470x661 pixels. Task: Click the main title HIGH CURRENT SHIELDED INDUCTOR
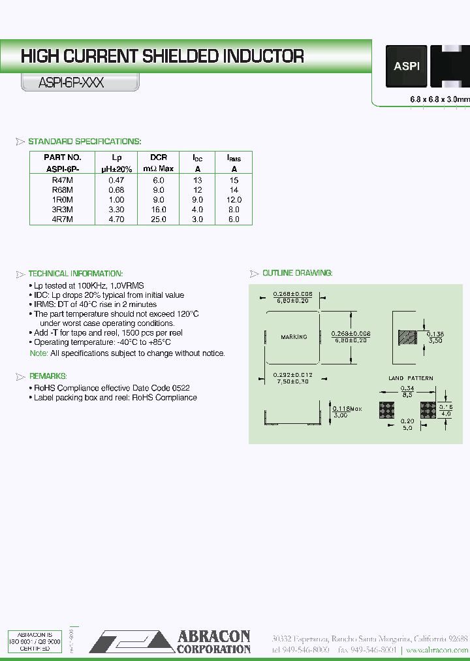[162, 56]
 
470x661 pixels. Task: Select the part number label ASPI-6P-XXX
[72, 83]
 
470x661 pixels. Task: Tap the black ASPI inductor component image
[406, 66]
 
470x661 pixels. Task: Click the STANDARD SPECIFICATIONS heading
[85, 142]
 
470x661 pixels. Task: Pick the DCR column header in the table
[159, 157]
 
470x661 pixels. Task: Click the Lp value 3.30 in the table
[117, 210]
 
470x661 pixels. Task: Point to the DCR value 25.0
[159, 219]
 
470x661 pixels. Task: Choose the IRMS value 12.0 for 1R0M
[234, 200]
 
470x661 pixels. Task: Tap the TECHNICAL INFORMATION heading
[76, 274]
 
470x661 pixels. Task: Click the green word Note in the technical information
[39, 353]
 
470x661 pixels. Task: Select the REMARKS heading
[48, 376]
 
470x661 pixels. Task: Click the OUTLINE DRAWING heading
[297, 273]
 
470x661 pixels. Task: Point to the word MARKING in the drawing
[294, 337]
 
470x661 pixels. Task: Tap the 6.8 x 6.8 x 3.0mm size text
[439, 99]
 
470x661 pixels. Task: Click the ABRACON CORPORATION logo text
[213, 641]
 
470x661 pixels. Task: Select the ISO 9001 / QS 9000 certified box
[34, 641]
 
